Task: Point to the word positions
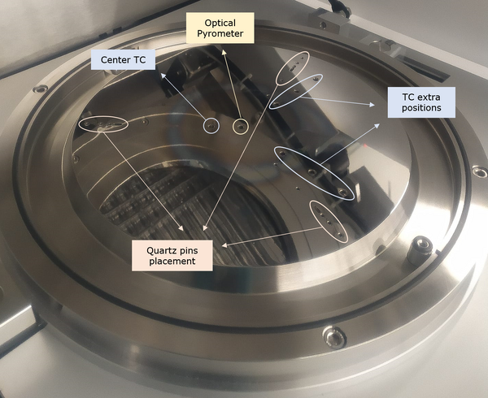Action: click(420, 108)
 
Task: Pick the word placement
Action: click(172, 262)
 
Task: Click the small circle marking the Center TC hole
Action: click(211, 126)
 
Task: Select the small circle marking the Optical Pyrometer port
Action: click(240, 126)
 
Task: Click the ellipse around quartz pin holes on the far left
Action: click(104, 124)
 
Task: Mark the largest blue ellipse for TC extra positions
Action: click(316, 172)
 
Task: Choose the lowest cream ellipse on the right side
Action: click(328, 220)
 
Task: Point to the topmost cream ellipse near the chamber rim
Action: click(292, 70)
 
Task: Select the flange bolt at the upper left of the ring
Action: click(40, 88)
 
